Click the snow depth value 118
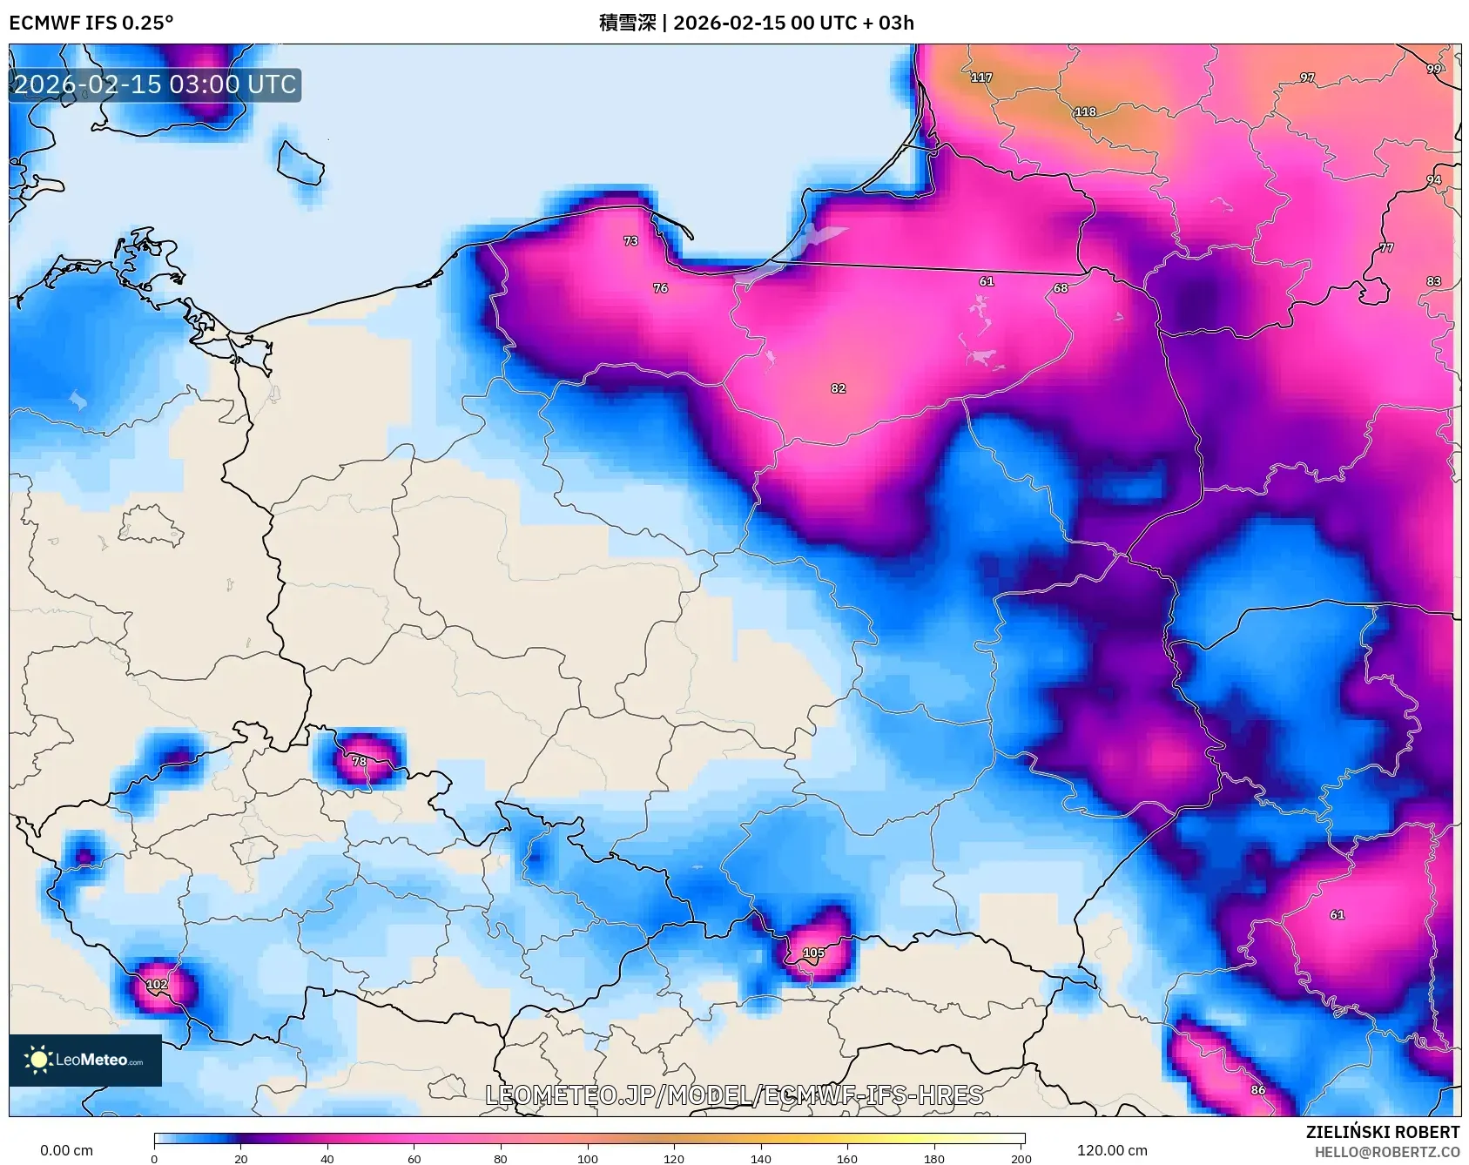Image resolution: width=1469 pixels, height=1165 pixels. pos(1085,111)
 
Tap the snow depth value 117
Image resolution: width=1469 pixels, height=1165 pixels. pos(981,77)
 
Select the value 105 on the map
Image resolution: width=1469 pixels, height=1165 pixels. pos(813,953)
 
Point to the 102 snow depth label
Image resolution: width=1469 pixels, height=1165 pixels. pos(157,984)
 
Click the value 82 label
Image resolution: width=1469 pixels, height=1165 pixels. pos(838,388)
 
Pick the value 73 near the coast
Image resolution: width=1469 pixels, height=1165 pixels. pos(630,241)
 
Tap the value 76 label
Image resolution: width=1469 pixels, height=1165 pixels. pos(660,288)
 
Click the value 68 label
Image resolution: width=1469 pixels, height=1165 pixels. pos(1060,288)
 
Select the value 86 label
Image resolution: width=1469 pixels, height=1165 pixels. pos(1257,1089)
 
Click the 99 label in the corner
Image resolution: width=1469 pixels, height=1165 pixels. pos(1433,69)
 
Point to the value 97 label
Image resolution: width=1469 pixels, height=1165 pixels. pos(1307,77)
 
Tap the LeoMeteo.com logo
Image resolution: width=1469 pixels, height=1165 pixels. pos(85,1060)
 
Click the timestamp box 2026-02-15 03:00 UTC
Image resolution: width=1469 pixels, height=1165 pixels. pos(155,84)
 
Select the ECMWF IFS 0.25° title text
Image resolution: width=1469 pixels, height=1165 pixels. pos(91,23)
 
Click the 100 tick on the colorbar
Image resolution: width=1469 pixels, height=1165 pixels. pos(588,1158)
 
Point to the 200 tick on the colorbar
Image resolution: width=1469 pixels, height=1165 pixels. pos(1021,1158)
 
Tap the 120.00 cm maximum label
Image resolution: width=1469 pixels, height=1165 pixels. pos(1112,1150)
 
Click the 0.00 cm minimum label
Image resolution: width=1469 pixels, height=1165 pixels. pos(66,1150)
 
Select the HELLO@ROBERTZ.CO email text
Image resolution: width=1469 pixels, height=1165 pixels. pos(1386,1152)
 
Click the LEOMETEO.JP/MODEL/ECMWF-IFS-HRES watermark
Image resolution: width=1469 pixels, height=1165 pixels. pos(734,1094)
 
